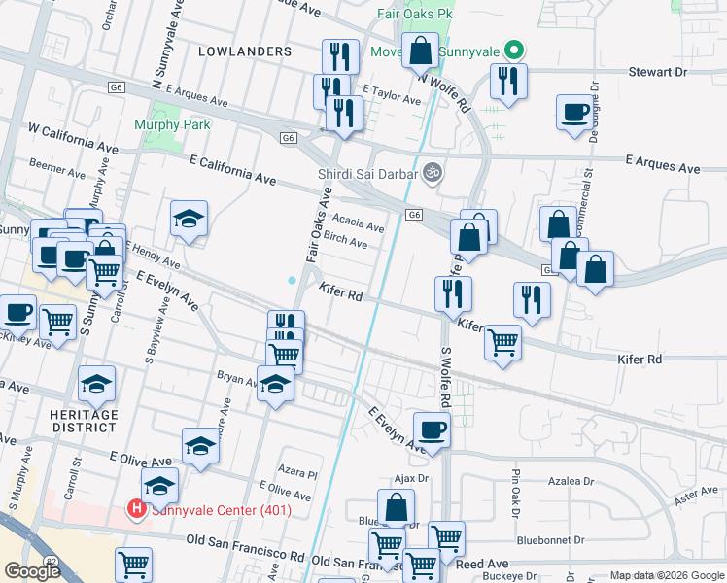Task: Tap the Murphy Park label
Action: [172, 124]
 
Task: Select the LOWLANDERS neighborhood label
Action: [245, 51]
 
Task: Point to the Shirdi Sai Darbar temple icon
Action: [433, 174]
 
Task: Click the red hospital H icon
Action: [136, 508]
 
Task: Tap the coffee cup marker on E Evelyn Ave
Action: [432, 429]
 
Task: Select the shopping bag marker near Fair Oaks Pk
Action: [422, 52]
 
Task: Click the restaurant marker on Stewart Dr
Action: [508, 82]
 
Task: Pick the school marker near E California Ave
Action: [190, 220]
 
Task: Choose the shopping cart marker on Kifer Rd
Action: [502, 342]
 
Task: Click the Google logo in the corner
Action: [31, 571]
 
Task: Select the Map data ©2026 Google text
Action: [666, 575]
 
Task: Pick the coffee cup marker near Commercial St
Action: [574, 112]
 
